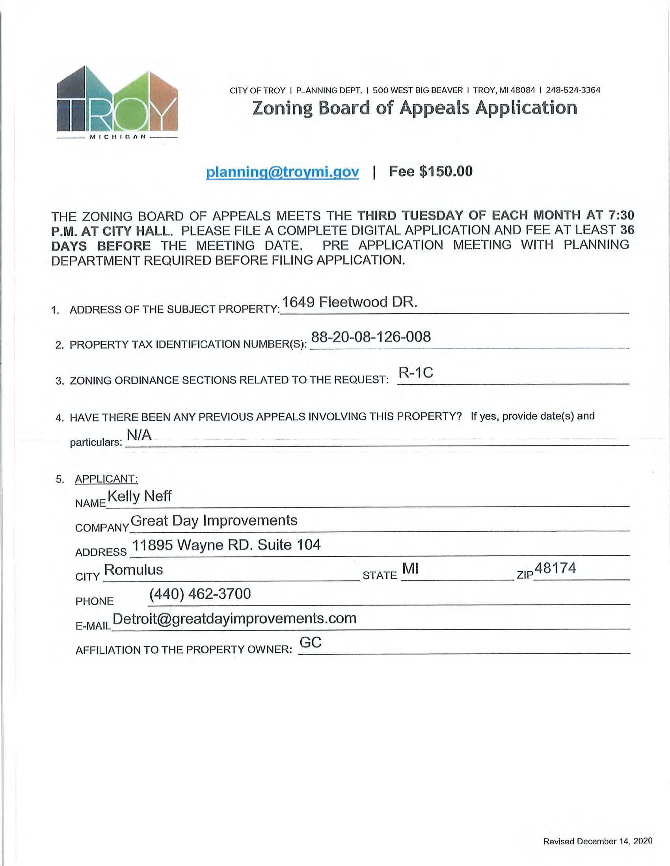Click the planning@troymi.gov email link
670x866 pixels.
coord(282,172)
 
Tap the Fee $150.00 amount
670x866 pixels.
coord(431,171)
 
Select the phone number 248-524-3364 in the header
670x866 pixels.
coord(573,90)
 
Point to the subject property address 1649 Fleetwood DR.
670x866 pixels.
coord(349,302)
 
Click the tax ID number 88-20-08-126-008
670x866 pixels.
coord(371,337)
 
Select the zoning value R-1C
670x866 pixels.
coord(415,373)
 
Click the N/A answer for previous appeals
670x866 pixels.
coord(139,435)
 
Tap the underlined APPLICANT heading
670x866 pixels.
coord(106,479)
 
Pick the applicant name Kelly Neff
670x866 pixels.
coord(139,496)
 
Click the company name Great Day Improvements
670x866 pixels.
coord(214,520)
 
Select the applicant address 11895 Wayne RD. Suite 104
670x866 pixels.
coord(226,545)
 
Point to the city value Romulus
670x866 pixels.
coord(133,570)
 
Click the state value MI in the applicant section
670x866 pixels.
coord(410,569)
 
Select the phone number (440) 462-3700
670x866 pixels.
coord(200,594)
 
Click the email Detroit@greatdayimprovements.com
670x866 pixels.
coord(234,618)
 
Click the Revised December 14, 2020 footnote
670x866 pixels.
coord(597,842)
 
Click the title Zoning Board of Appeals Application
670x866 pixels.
coord(415,108)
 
